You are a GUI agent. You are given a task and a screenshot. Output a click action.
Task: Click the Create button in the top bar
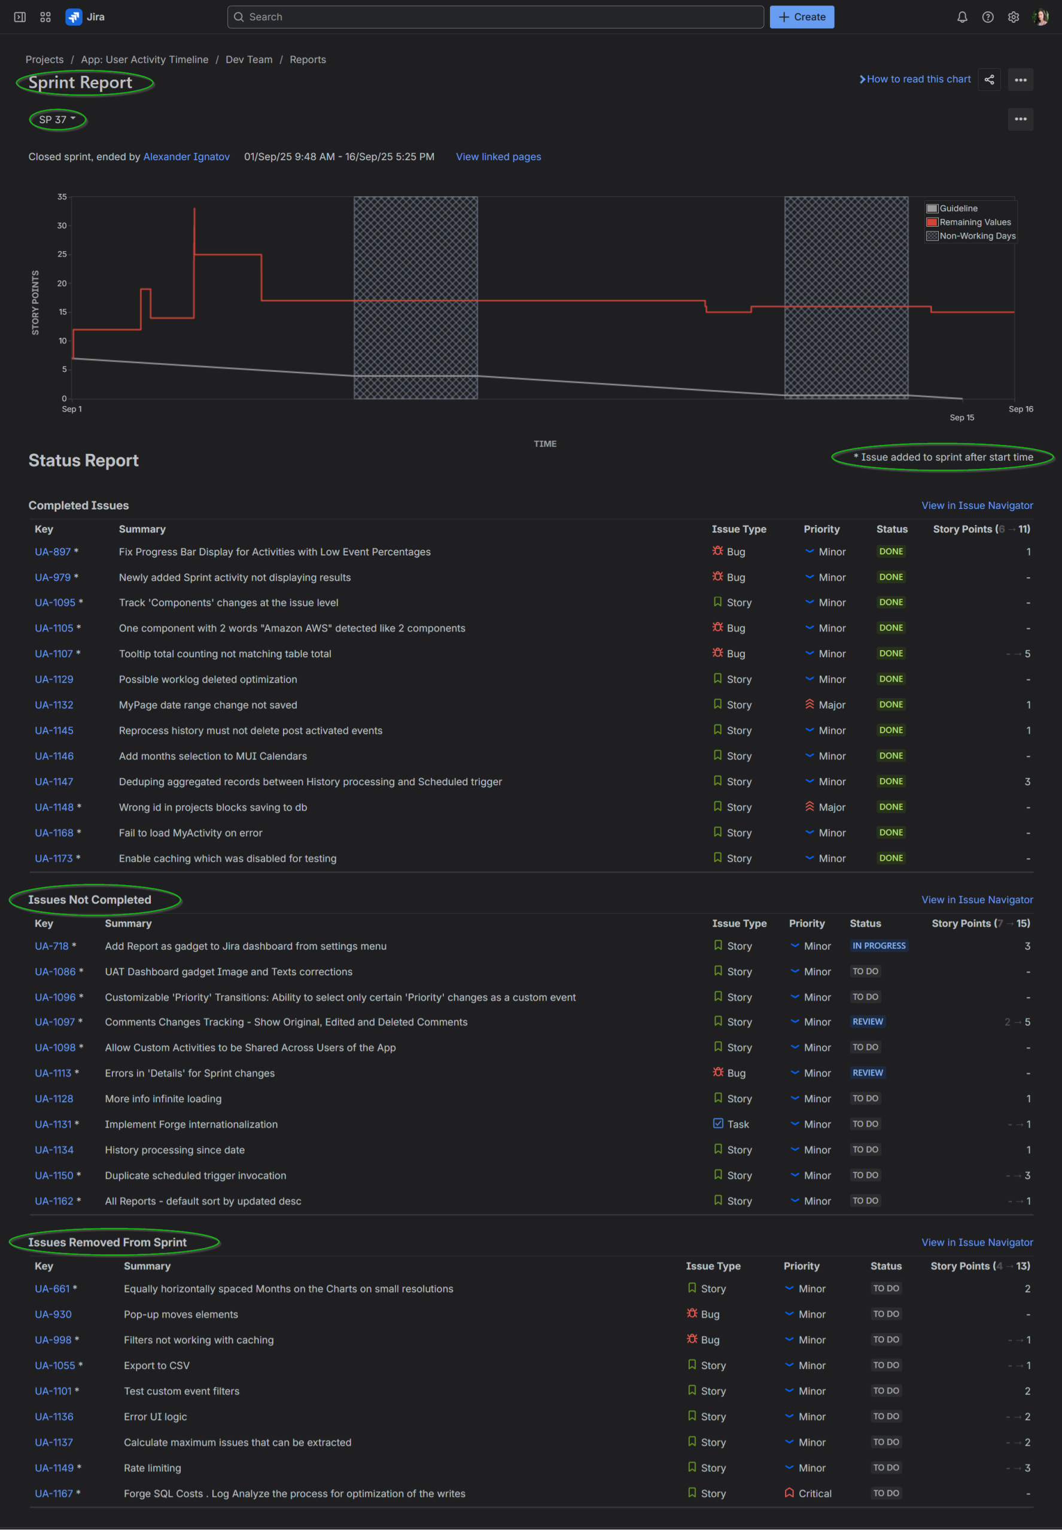(801, 17)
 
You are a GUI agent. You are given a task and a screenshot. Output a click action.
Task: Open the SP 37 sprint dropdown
(57, 120)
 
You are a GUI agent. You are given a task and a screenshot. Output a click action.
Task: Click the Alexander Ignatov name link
(186, 157)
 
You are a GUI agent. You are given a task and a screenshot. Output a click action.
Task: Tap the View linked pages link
(498, 157)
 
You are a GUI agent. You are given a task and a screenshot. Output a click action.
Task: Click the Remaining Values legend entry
(974, 222)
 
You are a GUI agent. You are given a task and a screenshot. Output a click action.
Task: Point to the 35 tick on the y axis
(62, 197)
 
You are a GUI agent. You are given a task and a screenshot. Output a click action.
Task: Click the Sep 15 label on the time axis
(961, 417)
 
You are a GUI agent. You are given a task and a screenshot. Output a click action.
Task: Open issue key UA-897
(53, 552)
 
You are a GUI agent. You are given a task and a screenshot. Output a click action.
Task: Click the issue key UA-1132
(54, 705)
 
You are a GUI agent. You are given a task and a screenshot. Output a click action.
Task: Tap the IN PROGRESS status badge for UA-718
(878, 946)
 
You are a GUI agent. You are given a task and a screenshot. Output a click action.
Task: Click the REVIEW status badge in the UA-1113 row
(867, 1073)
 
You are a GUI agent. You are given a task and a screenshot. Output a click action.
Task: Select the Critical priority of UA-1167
(814, 1493)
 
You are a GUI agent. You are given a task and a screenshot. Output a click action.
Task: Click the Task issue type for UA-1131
(737, 1124)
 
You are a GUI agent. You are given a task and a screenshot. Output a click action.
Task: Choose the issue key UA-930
(53, 1314)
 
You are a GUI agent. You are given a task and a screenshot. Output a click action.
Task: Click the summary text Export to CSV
(156, 1365)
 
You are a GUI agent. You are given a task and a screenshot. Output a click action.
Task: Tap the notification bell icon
(961, 17)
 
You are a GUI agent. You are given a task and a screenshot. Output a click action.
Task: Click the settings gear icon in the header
(1013, 17)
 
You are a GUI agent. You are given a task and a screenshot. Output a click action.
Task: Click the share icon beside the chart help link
(989, 80)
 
